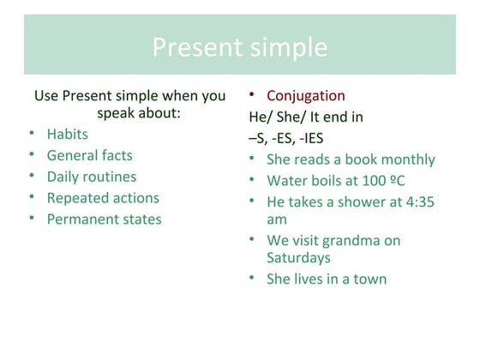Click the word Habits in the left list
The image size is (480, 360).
click(67, 134)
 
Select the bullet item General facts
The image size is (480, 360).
click(89, 155)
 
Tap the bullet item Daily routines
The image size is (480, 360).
click(91, 177)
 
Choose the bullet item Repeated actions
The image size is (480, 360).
click(103, 198)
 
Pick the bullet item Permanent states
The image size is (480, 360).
click(104, 219)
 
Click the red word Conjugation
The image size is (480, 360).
click(306, 95)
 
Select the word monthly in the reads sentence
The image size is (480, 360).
click(407, 159)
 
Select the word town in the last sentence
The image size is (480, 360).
click(369, 279)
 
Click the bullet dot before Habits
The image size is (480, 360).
click(31, 135)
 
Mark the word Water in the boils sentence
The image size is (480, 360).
click(287, 181)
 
